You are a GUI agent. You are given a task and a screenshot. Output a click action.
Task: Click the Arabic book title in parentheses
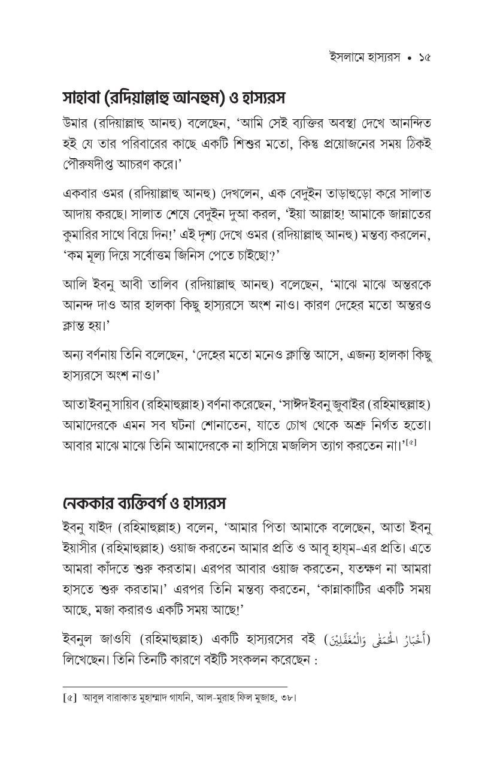pyautogui.click(x=371, y=639)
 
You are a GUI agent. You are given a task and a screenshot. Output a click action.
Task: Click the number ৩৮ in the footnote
pyautogui.click(x=286, y=698)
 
